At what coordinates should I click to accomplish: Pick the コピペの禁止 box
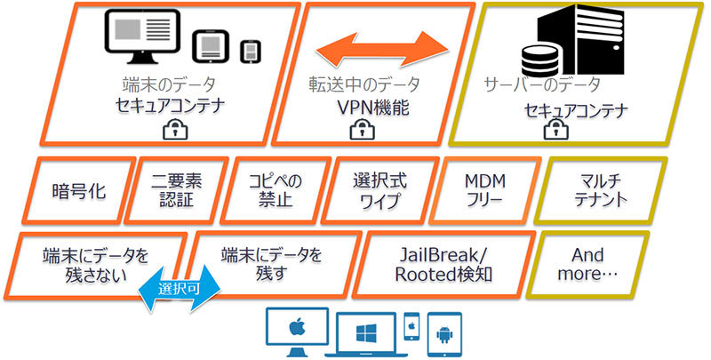pyautogui.click(x=276, y=189)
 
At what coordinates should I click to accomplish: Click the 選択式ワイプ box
pyautogui.click(x=379, y=189)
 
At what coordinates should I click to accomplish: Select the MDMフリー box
pyautogui.click(x=482, y=189)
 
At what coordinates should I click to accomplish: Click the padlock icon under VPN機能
pyautogui.click(x=362, y=131)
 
